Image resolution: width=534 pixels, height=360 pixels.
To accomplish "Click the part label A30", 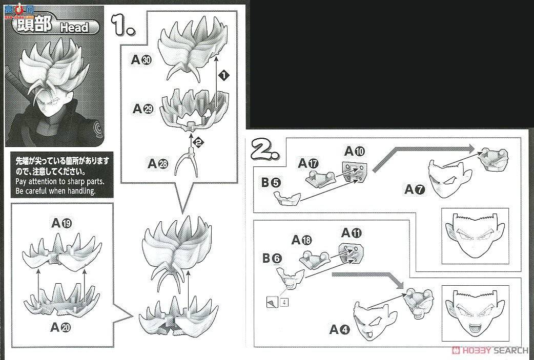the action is pyautogui.click(x=141, y=60).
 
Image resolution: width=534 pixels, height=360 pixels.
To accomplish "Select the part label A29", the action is pyautogui.click(x=142, y=109).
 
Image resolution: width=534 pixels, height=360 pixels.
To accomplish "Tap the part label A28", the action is pyautogui.click(x=157, y=163).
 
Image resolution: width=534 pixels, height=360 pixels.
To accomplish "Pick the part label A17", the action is pyautogui.click(x=309, y=163).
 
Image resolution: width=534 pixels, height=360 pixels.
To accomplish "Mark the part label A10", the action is pyautogui.click(x=354, y=151).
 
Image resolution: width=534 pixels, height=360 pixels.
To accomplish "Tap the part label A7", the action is pyautogui.click(x=415, y=189).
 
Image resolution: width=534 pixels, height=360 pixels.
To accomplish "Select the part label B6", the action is pyautogui.click(x=272, y=258).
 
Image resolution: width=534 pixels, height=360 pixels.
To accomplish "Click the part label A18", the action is pyautogui.click(x=302, y=240).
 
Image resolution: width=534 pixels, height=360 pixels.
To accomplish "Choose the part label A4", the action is pyautogui.click(x=339, y=330).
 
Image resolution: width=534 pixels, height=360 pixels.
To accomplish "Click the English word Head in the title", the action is pyautogui.click(x=74, y=27).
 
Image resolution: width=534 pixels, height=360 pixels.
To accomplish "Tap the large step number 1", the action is pyautogui.click(x=124, y=26).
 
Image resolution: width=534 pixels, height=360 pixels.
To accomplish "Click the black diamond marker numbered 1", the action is pyautogui.click(x=223, y=75).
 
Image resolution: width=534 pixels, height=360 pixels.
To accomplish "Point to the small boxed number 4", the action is pyautogui.click(x=283, y=302).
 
